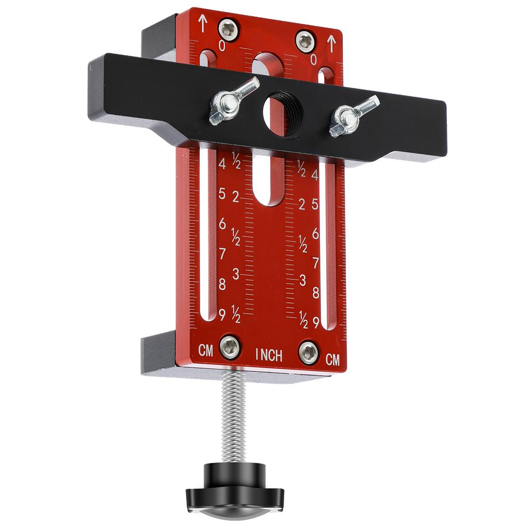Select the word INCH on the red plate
[269, 355]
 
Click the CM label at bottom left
[206, 351]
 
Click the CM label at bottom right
[332, 360]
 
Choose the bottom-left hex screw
[230, 347]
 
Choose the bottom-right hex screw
[309, 353]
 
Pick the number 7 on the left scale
[222, 254]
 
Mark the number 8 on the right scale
[315, 292]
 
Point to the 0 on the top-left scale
[222, 46]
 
